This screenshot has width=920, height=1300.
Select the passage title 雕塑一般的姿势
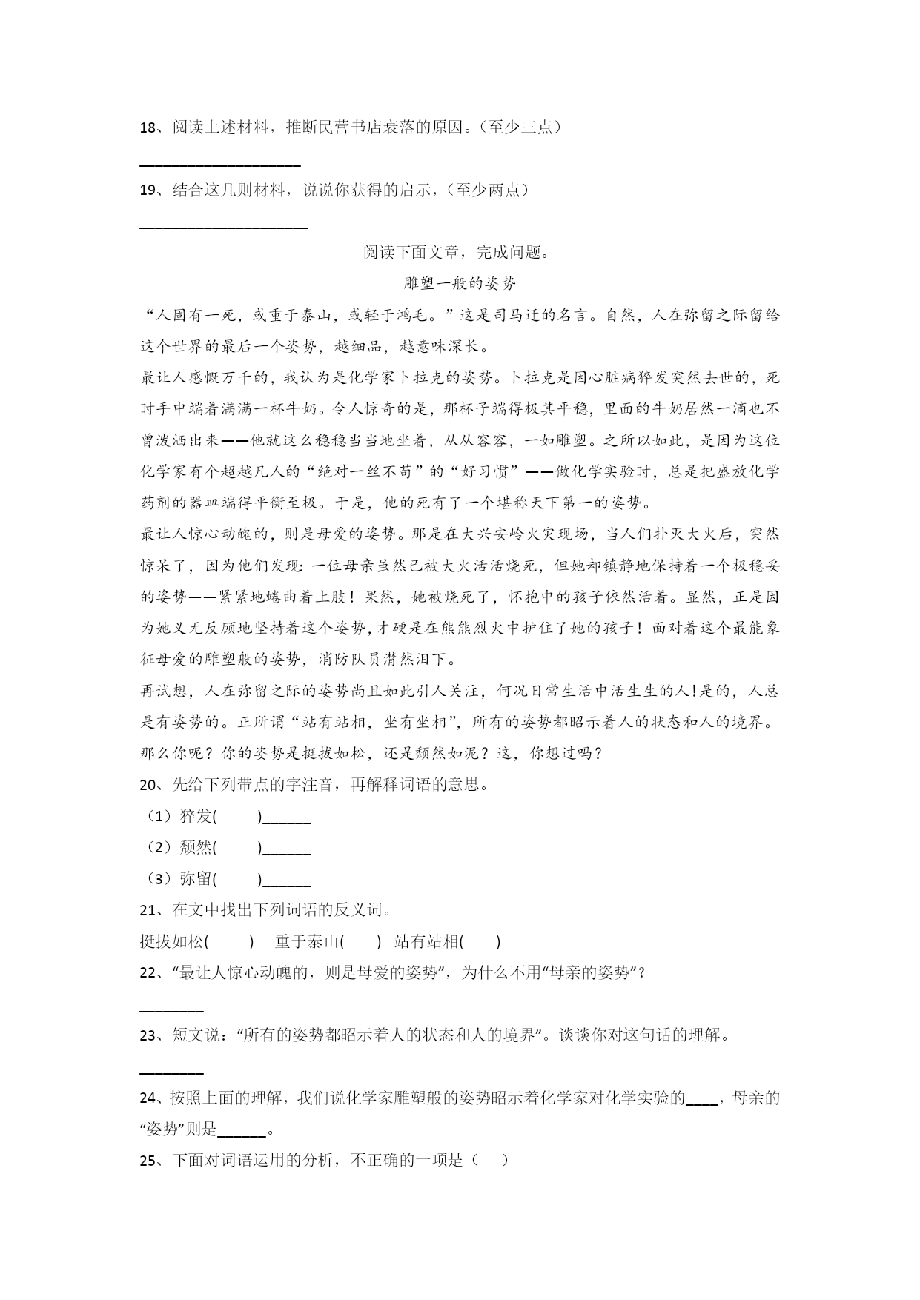460,283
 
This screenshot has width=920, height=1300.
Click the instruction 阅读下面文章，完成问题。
457,253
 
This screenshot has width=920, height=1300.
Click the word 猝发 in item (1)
196,817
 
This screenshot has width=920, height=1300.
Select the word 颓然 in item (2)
196,848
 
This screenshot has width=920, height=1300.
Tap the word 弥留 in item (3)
196,879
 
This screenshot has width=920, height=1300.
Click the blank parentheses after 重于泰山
360,942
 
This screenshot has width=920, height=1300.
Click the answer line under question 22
171,1009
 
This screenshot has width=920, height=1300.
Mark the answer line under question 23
171,1072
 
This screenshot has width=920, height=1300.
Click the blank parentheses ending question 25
489,1161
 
